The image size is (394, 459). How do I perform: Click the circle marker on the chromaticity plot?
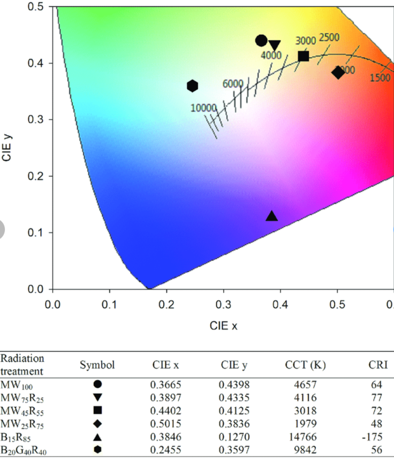click(261, 41)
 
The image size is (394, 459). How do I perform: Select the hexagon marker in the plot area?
click(193, 85)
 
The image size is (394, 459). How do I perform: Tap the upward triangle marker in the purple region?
click(272, 216)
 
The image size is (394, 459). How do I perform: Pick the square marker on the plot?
click(304, 56)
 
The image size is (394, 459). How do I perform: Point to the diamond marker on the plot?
click(338, 72)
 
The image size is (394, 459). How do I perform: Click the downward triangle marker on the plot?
click(275, 46)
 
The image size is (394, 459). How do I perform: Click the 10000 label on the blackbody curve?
click(203, 107)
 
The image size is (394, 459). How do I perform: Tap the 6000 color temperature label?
click(233, 83)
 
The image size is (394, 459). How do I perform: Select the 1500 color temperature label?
click(380, 78)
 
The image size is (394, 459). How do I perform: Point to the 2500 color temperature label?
click(329, 37)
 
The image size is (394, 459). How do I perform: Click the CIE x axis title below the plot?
click(223, 325)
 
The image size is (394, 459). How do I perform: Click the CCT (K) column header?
click(305, 365)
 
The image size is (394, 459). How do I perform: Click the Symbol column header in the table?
click(97, 365)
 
